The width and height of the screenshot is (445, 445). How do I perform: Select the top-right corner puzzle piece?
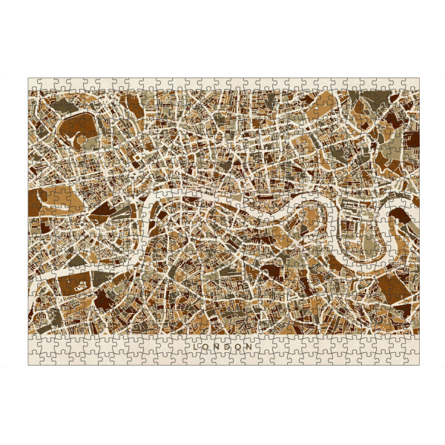coord(412,84)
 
